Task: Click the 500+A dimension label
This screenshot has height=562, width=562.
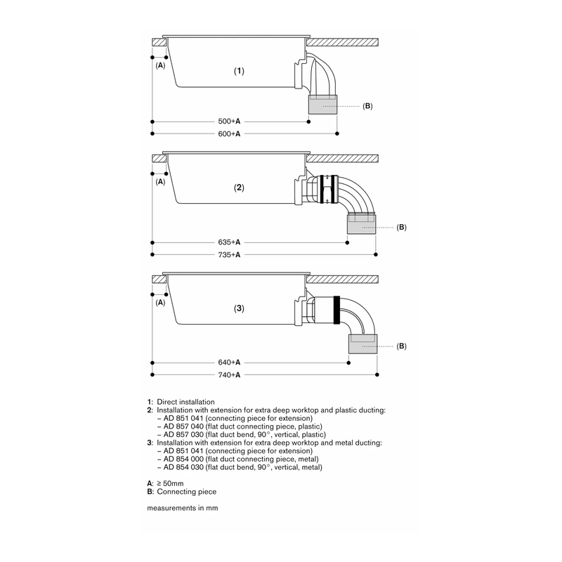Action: pyautogui.click(x=229, y=122)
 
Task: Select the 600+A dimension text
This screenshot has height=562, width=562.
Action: pyautogui.click(x=229, y=133)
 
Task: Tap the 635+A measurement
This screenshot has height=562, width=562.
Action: pyautogui.click(x=229, y=242)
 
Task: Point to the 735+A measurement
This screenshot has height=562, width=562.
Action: pyautogui.click(x=229, y=255)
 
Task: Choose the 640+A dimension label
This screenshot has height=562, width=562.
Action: pyautogui.click(x=229, y=362)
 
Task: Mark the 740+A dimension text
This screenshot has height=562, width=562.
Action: pyautogui.click(x=229, y=375)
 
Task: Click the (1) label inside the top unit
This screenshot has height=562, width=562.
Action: pyautogui.click(x=239, y=71)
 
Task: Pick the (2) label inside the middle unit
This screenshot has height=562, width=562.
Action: pyautogui.click(x=239, y=188)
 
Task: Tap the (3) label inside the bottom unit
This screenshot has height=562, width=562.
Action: pyautogui.click(x=239, y=308)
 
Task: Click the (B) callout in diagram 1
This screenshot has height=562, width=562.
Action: pyautogui.click(x=367, y=106)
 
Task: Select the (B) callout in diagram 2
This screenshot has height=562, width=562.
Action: pyautogui.click(x=401, y=227)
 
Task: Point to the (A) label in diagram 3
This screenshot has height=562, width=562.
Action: pyautogui.click(x=160, y=303)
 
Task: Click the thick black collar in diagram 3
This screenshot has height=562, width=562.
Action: pyautogui.click(x=336, y=311)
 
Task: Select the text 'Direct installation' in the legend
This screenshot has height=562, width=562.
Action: pyautogui.click(x=185, y=402)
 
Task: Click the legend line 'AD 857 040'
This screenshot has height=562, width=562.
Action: pyautogui.click(x=240, y=426)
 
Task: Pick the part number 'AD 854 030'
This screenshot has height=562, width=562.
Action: pyautogui.click(x=183, y=467)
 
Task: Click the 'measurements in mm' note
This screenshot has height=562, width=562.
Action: pyautogui.click(x=183, y=508)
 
